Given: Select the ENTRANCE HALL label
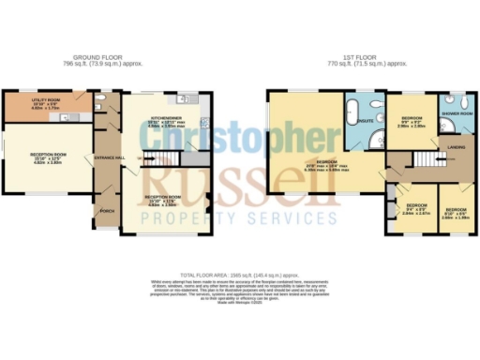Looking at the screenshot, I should click(109, 157).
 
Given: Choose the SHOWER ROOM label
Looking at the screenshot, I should click(459, 113).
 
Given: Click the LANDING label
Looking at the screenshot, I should click(458, 145).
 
